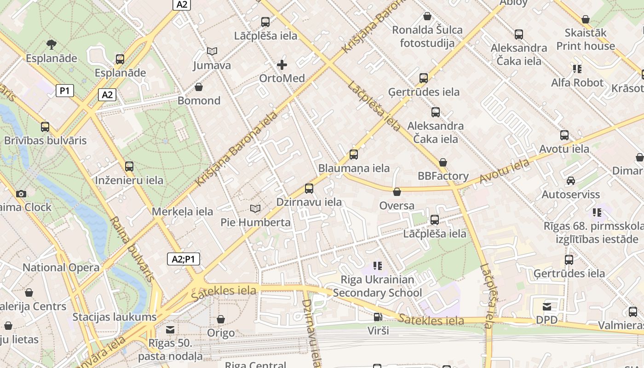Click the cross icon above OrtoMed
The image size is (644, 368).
click(282, 65)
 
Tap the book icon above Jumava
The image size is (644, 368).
click(212, 51)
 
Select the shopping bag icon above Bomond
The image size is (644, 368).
click(199, 87)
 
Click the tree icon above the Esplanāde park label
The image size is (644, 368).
click(51, 45)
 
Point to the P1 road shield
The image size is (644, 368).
click(65, 91)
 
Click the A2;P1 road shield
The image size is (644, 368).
click(183, 259)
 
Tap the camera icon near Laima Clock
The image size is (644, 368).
click(21, 194)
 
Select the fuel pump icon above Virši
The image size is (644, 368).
click(378, 316)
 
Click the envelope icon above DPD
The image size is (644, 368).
click(546, 306)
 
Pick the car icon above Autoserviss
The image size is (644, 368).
click(570, 181)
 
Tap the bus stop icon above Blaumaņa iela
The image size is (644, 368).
click(353, 155)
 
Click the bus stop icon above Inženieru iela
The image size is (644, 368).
click(129, 167)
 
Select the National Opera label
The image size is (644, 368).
click(61, 267)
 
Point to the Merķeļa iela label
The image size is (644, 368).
click(182, 212)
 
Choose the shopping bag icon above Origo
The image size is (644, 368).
click(221, 319)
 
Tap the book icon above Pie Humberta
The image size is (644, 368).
click(255, 209)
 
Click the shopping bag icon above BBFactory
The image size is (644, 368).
click(443, 162)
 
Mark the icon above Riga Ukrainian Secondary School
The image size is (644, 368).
click(377, 265)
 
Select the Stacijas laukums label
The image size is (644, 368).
click(114, 317)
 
